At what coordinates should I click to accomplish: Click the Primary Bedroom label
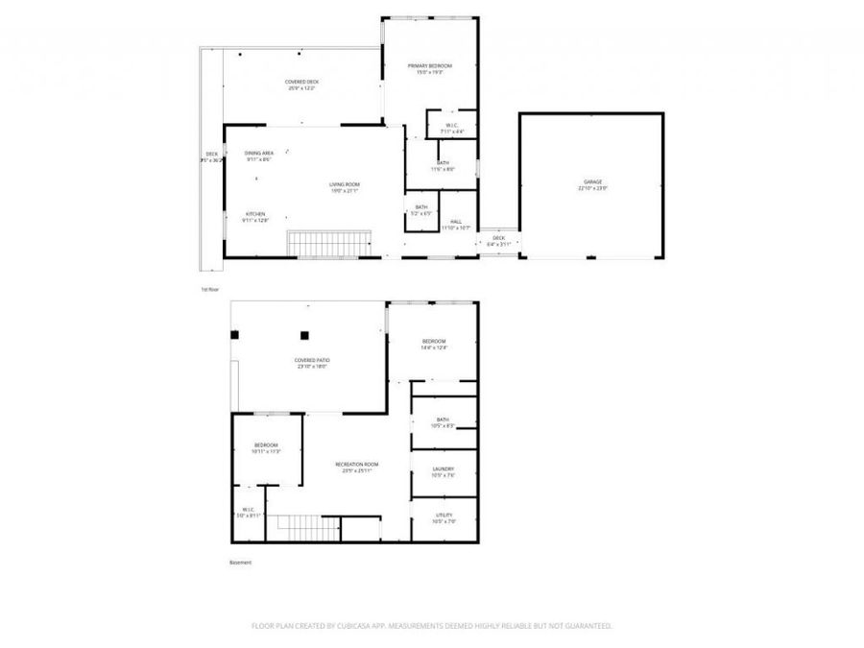pyautogui.click(x=429, y=65)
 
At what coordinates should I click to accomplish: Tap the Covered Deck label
pyautogui.click(x=301, y=83)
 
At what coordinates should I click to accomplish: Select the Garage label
pyautogui.click(x=592, y=181)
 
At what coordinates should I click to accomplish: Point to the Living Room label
pyautogui.click(x=344, y=184)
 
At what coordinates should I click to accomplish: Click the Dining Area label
pyautogui.click(x=258, y=154)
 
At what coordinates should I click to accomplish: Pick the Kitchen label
pyautogui.click(x=254, y=214)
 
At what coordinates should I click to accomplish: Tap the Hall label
pyautogui.click(x=456, y=222)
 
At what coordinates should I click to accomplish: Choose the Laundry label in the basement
pyautogui.click(x=444, y=469)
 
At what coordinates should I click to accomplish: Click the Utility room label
pyautogui.click(x=444, y=516)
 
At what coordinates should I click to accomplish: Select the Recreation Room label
pyautogui.click(x=353, y=465)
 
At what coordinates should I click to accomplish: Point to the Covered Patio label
pyautogui.click(x=313, y=359)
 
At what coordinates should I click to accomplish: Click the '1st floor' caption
pyautogui.click(x=209, y=289)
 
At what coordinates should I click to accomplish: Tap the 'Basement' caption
pyautogui.click(x=240, y=563)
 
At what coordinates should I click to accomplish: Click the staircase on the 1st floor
pyautogui.click(x=330, y=244)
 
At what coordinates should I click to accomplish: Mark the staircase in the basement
pyautogui.click(x=303, y=526)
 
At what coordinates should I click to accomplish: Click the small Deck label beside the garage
pyautogui.click(x=498, y=238)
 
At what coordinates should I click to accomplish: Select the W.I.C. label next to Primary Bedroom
pyautogui.click(x=451, y=125)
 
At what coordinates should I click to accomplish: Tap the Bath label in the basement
pyautogui.click(x=443, y=419)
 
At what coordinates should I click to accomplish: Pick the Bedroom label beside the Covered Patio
pyautogui.click(x=434, y=342)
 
